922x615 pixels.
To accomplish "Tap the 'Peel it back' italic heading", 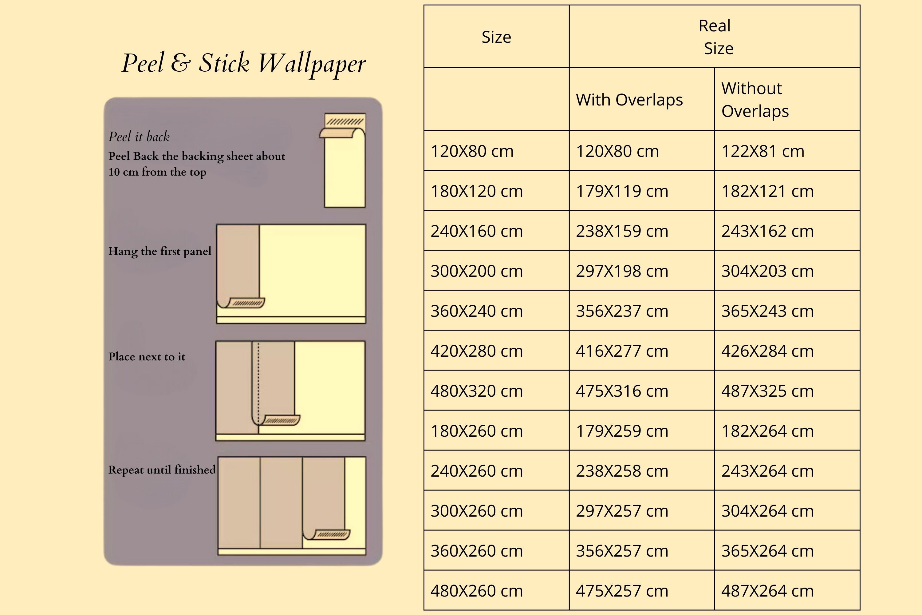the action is (x=139, y=137).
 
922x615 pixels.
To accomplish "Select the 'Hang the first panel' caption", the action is (x=160, y=251).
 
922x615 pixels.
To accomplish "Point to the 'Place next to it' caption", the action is (x=147, y=356).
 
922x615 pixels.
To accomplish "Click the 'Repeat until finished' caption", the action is (x=162, y=470).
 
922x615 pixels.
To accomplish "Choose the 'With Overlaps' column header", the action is (x=629, y=100).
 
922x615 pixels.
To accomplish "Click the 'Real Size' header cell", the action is (x=715, y=37).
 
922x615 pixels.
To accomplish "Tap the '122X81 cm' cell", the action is (x=763, y=151).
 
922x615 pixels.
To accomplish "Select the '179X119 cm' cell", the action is (x=622, y=191).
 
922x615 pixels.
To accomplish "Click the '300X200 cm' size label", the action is (x=477, y=271).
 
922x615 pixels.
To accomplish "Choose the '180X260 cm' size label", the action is (x=477, y=431).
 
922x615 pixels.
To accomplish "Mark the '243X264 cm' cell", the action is (x=767, y=471).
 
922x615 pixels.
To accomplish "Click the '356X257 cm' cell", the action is (x=622, y=551).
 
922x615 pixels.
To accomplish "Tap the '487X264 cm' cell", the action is (x=767, y=591).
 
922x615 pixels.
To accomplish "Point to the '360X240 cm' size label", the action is (x=477, y=311).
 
